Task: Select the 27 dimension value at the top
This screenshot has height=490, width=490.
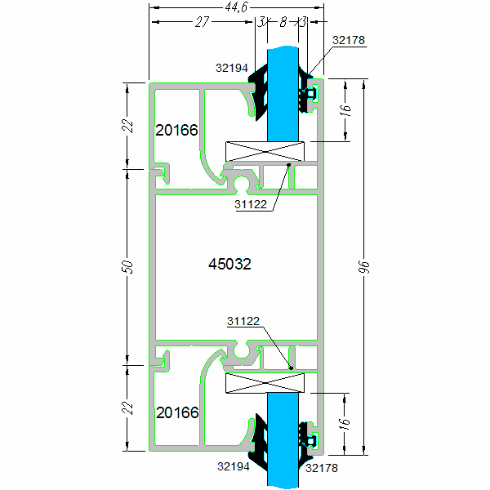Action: click(x=202, y=23)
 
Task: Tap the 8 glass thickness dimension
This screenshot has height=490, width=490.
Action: click(x=283, y=23)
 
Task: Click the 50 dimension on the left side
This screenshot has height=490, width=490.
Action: click(x=127, y=267)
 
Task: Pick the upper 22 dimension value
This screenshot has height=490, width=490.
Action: click(x=127, y=126)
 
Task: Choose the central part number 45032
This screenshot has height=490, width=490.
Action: click(x=229, y=265)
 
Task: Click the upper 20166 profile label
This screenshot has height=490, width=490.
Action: click(x=177, y=131)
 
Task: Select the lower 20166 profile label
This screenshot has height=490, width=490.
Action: click(x=177, y=413)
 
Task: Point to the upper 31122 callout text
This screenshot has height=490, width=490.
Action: click(x=251, y=205)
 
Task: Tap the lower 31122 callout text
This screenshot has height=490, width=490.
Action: click(x=243, y=322)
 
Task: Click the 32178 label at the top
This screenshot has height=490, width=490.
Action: click(x=350, y=38)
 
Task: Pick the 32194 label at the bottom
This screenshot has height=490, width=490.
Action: click(x=234, y=468)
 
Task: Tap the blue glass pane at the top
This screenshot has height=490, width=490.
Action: click(x=283, y=90)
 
